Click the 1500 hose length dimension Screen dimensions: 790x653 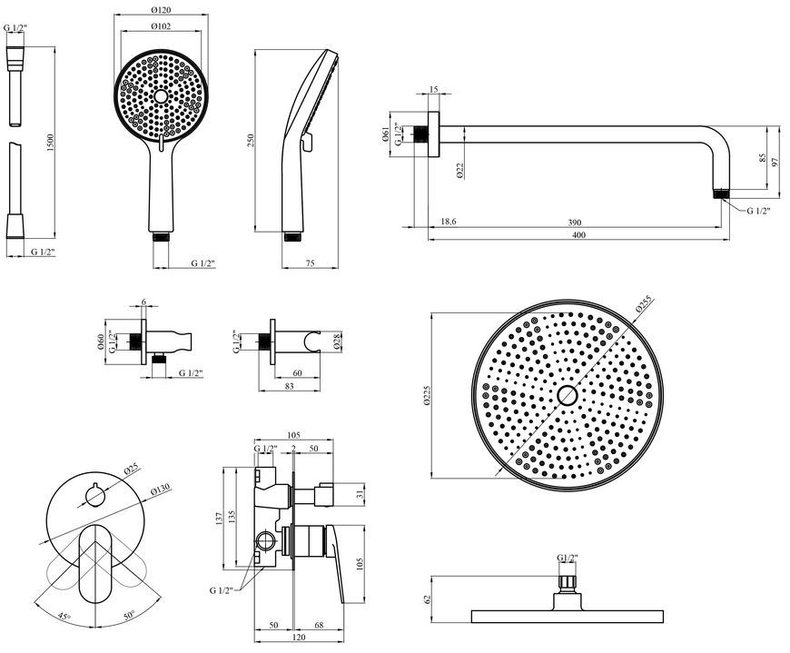coord(50,143)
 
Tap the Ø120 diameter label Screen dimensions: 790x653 coord(161,10)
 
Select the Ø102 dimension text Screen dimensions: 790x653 coord(161,26)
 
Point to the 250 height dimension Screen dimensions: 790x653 coord(251,141)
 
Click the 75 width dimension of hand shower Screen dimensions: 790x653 coord(310,263)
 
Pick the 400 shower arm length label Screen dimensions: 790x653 coord(579,235)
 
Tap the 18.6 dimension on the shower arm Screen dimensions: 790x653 coord(449,222)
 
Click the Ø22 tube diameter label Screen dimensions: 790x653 coord(460,170)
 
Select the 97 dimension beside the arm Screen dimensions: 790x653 coord(775,163)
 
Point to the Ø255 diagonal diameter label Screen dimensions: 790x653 coord(644,305)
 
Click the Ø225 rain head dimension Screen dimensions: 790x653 coord(428,396)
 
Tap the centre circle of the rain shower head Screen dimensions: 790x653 coord(568,396)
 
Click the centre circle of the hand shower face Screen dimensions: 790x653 coord(161,96)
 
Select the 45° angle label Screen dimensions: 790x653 coord(64,616)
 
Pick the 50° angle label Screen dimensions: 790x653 coord(129,615)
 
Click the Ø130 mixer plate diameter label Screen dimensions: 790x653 coord(161,490)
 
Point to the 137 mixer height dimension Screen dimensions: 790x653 coord(219,519)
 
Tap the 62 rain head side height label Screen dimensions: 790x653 coord(428,599)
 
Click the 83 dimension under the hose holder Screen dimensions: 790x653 coord(289,387)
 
